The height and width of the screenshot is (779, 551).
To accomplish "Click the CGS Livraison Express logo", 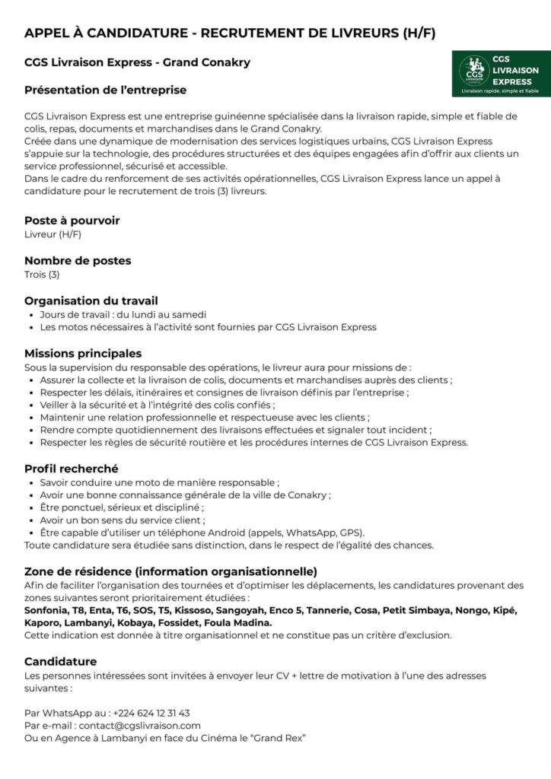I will [x=500, y=75].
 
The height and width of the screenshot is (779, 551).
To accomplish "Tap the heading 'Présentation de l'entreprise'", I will [x=105, y=90].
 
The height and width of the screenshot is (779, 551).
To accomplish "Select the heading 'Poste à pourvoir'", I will [x=72, y=221].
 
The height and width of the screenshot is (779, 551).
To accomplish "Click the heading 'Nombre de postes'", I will [x=78, y=260].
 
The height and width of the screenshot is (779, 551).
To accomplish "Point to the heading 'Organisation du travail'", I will [x=91, y=300].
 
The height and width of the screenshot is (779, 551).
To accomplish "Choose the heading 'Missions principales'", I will [x=83, y=354].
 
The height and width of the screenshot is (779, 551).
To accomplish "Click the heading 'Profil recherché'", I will [x=72, y=469].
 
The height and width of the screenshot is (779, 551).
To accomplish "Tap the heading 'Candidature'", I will [x=61, y=661].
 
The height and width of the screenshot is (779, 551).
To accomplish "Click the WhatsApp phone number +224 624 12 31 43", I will [x=151, y=713].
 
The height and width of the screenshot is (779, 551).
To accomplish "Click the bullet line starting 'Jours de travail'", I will [x=123, y=314].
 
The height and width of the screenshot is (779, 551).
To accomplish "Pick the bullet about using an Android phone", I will [x=202, y=533].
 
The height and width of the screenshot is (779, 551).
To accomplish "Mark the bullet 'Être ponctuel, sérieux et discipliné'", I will [x=122, y=507].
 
